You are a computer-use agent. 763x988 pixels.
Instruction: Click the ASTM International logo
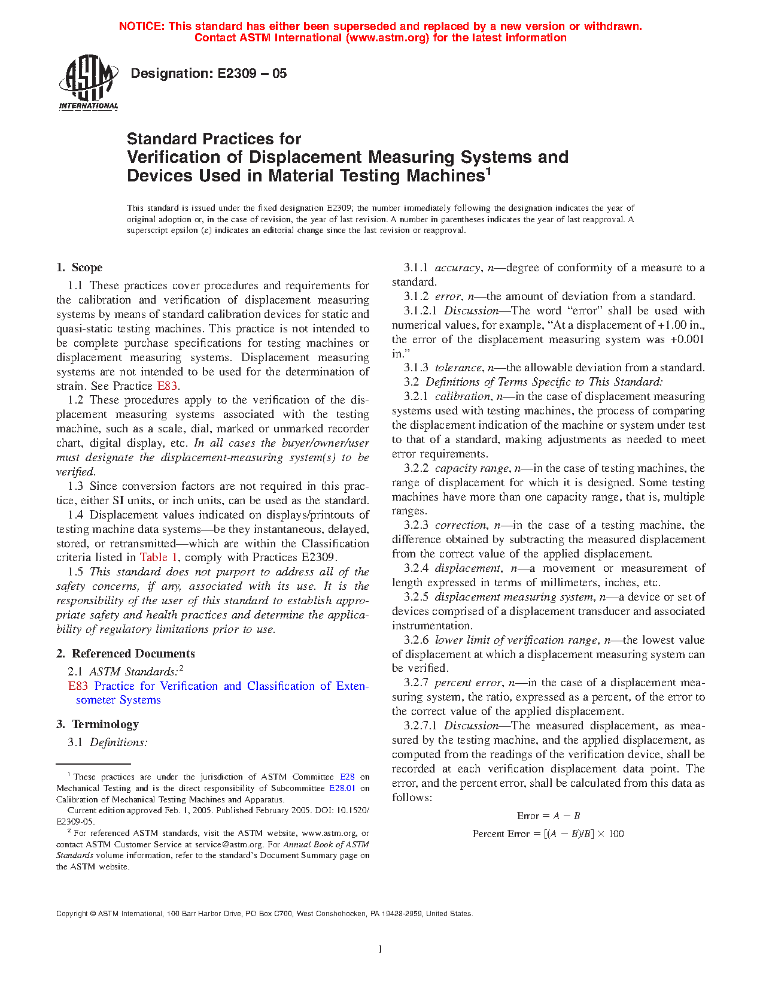(89, 82)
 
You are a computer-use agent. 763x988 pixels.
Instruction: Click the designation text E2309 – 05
(209, 74)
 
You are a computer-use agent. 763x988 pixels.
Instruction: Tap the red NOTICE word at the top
(141, 26)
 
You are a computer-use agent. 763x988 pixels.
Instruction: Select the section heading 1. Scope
(80, 268)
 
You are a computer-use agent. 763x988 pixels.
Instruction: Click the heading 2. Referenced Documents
(126, 654)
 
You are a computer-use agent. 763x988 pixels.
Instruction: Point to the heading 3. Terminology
(98, 725)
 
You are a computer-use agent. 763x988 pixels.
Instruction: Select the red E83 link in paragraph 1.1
(167, 386)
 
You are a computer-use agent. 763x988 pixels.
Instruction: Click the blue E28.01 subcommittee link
(342, 789)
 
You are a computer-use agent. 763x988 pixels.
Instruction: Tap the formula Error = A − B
(548, 816)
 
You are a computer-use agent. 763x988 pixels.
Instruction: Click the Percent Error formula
(548, 834)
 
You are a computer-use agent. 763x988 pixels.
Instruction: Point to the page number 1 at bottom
(381, 949)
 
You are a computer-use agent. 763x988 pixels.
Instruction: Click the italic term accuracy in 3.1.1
(458, 268)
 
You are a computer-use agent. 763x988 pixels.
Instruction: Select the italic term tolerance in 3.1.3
(458, 368)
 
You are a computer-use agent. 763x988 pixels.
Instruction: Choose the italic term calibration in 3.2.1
(462, 396)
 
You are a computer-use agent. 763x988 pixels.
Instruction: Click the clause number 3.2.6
(416, 640)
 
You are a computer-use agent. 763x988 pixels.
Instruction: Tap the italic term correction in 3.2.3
(460, 525)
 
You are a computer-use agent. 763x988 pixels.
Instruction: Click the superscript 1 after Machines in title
(488, 171)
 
